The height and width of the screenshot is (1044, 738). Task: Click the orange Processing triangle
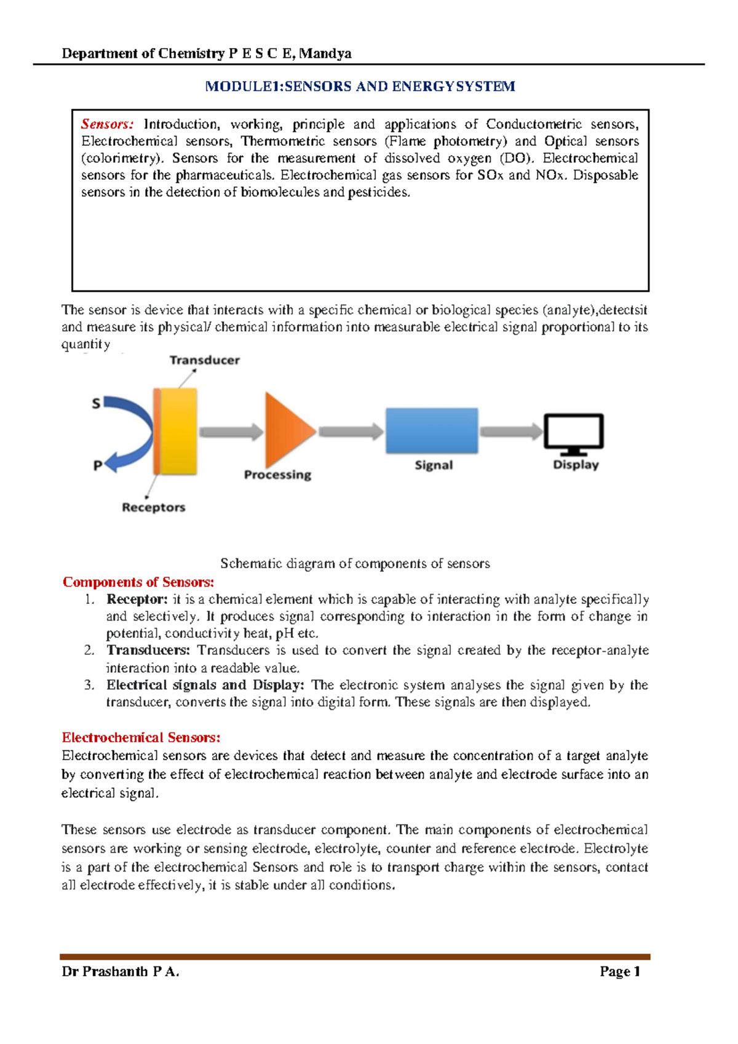[286, 431]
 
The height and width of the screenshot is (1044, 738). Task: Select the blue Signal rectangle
[432, 431]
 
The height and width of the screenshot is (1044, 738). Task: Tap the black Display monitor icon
[574, 433]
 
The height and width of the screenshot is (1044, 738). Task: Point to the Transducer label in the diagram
[205, 360]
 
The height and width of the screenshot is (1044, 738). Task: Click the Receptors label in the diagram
[153, 507]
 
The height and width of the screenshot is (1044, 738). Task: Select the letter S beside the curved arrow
[96, 404]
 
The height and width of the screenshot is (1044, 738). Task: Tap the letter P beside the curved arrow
[97, 466]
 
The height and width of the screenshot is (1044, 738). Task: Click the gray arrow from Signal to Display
[510, 432]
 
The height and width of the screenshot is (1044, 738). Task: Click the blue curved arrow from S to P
[138, 431]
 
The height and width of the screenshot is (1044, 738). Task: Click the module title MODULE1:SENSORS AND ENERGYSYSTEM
[360, 86]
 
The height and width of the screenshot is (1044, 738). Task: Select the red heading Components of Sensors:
[138, 582]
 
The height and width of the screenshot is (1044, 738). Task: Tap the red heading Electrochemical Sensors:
[141, 737]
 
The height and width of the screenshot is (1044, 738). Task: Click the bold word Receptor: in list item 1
[137, 600]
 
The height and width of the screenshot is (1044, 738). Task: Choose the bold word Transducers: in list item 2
[148, 651]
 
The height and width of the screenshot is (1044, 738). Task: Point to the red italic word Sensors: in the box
[107, 124]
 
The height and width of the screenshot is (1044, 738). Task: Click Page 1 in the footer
[620, 972]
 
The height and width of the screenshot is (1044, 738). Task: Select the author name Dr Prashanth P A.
[121, 972]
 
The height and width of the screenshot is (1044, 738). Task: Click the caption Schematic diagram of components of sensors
[355, 564]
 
